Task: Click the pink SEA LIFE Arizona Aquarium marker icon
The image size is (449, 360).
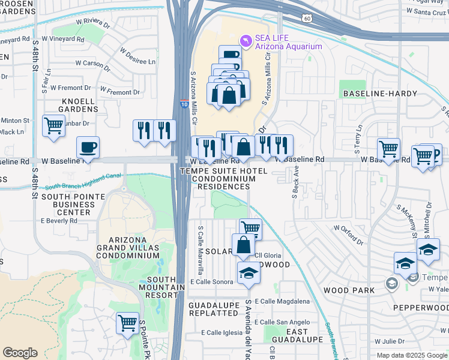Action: [246, 40]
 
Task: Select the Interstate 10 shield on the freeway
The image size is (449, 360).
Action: [183, 104]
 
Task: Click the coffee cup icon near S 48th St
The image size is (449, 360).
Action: [88, 147]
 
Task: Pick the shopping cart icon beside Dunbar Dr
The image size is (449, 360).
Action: [54, 126]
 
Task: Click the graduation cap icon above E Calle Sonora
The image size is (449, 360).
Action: [249, 273]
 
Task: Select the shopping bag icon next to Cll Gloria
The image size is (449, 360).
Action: [243, 245]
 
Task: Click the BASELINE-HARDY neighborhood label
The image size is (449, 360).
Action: [372, 94]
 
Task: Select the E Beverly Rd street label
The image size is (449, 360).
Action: [59, 221]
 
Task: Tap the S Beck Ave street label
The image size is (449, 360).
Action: [295, 183]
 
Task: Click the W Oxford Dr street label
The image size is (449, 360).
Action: [348, 235]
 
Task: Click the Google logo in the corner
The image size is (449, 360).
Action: [20, 353]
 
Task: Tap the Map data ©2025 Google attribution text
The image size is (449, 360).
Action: [411, 355]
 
